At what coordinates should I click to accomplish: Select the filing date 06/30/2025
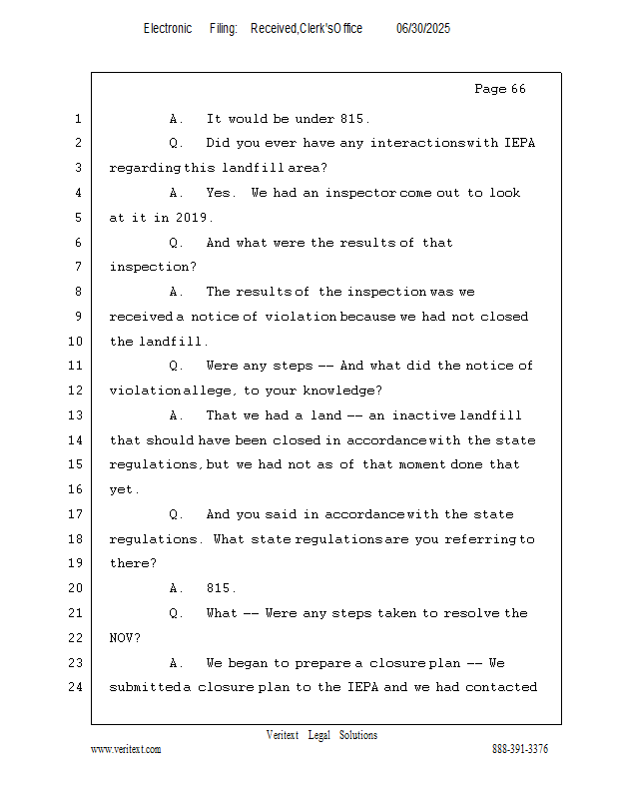click(423, 29)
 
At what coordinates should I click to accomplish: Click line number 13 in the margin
click(77, 415)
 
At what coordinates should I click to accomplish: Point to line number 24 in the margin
click(77, 687)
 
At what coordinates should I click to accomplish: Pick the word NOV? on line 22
click(125, 638)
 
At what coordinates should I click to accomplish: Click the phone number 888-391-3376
click(520, 749)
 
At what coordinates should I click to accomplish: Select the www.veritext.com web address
click(125, 749)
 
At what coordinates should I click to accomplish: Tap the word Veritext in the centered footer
click(283, 735)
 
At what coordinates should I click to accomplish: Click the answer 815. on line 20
click(221, 588)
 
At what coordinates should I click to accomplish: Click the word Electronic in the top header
click(168, 29)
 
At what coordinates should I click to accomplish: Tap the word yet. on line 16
click(125, 489)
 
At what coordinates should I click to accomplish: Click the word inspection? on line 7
click(153, 267)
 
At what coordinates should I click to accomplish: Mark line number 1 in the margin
click(77, 119)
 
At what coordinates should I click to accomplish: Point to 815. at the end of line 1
click(354, 119)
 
